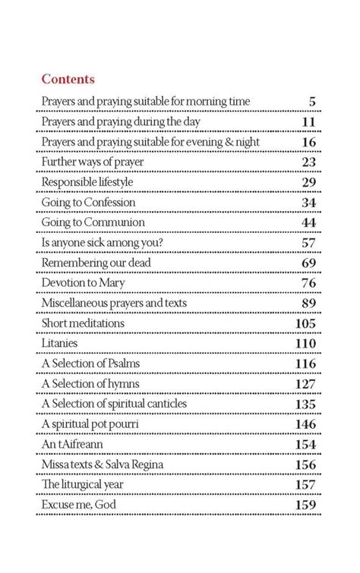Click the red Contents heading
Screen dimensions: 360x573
pos(68,79)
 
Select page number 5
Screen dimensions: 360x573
pos(311,102)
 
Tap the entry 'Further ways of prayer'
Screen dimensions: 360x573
pos(93,162)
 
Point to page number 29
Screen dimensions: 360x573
pos(308,183)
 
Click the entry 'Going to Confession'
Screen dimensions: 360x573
pos(88,203)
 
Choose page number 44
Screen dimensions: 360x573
pos(308,223)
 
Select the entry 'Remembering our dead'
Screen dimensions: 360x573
pos(96,263)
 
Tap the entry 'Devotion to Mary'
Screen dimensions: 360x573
pos(84,284)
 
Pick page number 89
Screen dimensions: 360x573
pos(308,304)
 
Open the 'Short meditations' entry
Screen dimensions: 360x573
pos(83,324)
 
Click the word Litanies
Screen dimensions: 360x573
pos(60,344)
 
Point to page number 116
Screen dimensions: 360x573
pos(304,364)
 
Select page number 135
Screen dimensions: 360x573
pos(304,405)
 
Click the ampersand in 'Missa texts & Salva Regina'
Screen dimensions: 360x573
pos(105,464)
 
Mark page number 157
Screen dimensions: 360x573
pos(304,485)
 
